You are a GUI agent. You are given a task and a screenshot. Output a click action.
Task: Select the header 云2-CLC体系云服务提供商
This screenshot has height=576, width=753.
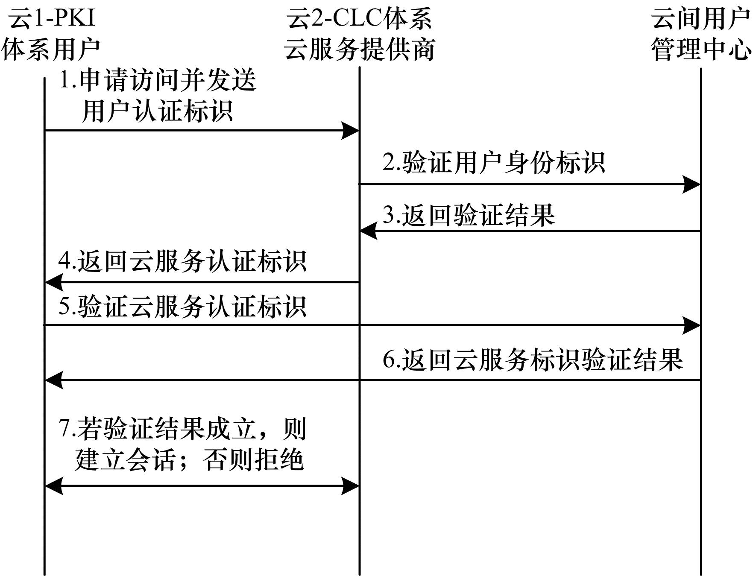click(359, 34)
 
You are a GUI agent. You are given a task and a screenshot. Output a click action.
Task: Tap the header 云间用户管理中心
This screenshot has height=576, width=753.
click(701, 34)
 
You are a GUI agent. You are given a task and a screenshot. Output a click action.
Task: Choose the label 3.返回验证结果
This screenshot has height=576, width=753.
click(469, 214)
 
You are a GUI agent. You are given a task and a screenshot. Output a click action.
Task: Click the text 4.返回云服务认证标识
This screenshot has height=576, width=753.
click(182, 261)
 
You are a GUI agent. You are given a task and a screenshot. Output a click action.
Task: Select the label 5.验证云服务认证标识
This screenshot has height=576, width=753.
click(182, 306)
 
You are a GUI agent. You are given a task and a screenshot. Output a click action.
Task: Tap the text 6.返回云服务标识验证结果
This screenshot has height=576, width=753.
click(533, 359)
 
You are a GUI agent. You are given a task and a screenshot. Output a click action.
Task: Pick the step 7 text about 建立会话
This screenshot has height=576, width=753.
click(182, 444)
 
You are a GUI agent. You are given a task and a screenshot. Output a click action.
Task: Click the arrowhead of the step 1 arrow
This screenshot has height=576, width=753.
click(350, 130)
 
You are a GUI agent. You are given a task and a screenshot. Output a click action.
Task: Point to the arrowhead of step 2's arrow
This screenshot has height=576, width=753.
click(691, 184)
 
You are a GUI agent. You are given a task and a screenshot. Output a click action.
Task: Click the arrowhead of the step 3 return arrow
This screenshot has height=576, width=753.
click(369, 231)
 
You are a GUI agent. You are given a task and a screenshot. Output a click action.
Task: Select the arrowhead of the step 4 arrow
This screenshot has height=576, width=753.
click(54, 282)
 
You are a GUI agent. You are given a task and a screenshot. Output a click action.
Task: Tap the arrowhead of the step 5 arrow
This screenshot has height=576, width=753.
click(691, 325)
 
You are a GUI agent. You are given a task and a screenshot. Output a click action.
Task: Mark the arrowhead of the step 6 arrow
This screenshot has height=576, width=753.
click(54, 380)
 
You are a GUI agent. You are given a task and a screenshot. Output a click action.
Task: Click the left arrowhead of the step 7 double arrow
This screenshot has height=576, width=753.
click(54, 486)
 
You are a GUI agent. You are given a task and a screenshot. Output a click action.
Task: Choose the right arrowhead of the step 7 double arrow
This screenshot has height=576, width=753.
click(350, 486)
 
